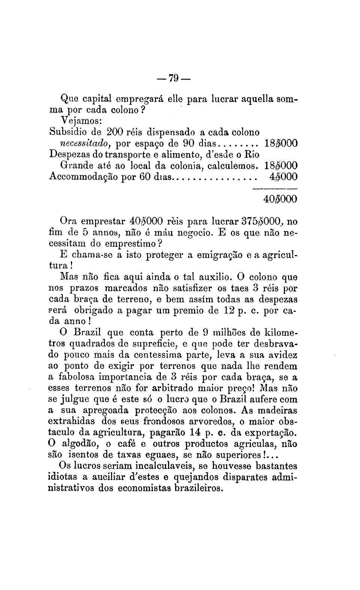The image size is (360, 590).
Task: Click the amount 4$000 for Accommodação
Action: click(x=283, y=177)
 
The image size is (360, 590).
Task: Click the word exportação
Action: click(x=269, y=432)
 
